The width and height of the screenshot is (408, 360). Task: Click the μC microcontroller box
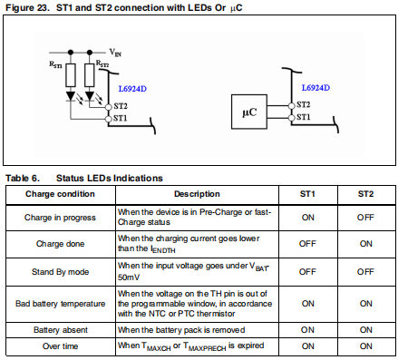[249, 112]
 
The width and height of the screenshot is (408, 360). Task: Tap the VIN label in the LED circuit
[115, 53]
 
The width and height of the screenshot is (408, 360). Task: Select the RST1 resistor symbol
[71, 75]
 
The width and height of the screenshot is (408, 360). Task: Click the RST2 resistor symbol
[90, 75]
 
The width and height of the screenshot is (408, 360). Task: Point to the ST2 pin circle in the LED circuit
[109, 107]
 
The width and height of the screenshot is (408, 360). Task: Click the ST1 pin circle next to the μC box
[291, 118]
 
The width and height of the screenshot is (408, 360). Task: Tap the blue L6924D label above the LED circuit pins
[132, 89]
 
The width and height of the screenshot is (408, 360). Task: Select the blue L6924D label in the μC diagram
[316, 88]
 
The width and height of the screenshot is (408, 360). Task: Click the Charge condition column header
[60, 194]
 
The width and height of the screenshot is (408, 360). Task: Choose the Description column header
[197, 194]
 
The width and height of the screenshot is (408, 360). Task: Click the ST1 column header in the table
[307, 194]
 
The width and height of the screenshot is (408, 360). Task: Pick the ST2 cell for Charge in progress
[365, 218]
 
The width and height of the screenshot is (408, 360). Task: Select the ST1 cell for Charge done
[307, 244]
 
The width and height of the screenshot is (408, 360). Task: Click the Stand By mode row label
[61, 272]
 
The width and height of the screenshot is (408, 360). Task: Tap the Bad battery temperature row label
[61, 304]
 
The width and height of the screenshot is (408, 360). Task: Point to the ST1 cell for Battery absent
[307, 330]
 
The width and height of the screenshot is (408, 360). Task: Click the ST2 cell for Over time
[365, 346]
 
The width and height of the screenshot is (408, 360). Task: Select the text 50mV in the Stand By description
[129, 277]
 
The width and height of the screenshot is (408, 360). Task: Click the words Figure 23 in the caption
[27, 8]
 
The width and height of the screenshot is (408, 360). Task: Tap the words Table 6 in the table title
[23, 179]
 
